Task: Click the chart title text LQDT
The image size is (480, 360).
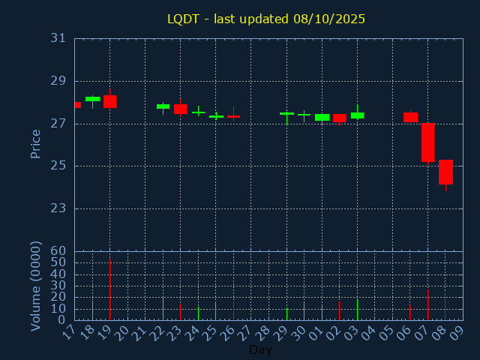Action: point(183,19)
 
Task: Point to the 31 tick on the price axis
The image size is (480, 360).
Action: point(58,38)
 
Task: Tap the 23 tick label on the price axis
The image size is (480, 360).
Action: point(58,208)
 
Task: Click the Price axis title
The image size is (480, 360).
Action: point(35,143)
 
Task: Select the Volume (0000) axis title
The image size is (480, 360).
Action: point(35,286)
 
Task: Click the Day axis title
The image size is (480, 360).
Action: point(260,349)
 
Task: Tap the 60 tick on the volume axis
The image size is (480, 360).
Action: point(58,251)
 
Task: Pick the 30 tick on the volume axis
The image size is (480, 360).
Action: point(58,286)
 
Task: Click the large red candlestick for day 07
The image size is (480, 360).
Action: point(427,142)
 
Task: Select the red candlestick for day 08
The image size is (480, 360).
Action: point(445,172)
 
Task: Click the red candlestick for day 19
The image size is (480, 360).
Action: point(110,101)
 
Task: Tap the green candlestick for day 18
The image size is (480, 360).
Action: point(92,99)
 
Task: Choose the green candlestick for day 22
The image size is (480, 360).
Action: point(163,106)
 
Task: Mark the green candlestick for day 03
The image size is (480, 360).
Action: point(357,115)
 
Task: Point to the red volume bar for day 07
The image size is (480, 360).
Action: point(427,304)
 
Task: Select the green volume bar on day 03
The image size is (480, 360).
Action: point(357,309)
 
